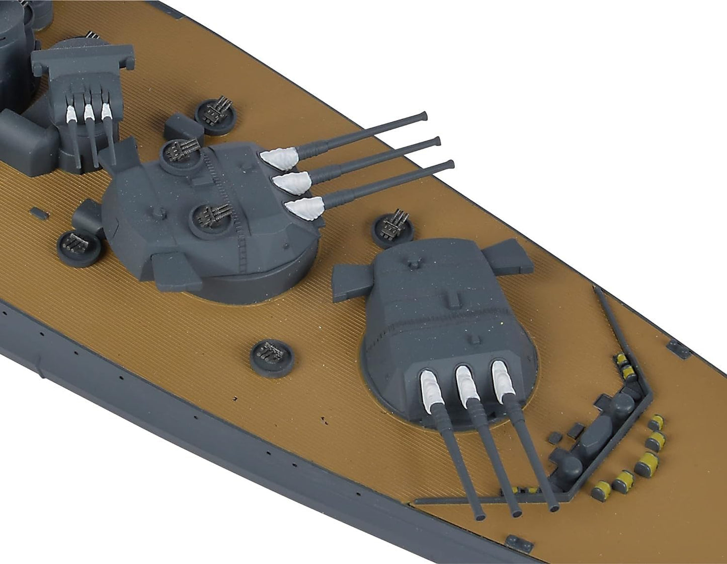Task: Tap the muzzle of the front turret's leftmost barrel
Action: tap(481, 516)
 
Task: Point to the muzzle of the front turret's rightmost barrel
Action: tap(554, 508)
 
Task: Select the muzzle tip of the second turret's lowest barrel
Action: tap(451, 164)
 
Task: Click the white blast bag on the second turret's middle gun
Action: tap(291, 181)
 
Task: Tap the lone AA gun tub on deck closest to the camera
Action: tap(272, 357)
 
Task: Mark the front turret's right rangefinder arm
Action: tap(508, 257)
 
